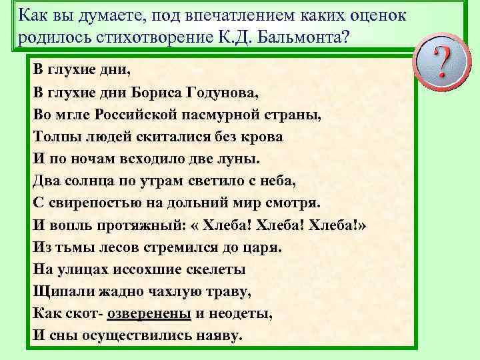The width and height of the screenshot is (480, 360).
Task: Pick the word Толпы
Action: coord(55,136)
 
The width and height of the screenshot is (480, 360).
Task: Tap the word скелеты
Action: coord(213,269)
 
